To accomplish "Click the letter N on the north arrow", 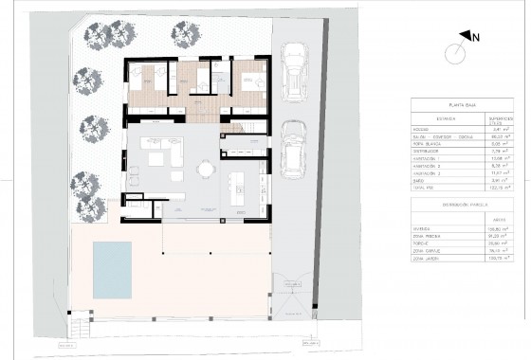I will pos(477,39).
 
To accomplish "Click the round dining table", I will pos(203,171).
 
